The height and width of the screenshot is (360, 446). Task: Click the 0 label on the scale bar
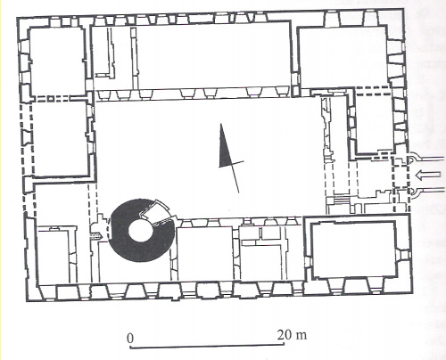(x=130, y=339)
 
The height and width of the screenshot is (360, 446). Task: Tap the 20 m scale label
(x=292, y=335)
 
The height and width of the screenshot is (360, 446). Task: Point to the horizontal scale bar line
(x=207, y=346)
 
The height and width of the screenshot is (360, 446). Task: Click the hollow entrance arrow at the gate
(x=427, y=176)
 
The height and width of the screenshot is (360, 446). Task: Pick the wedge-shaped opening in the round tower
(x=156, y=211)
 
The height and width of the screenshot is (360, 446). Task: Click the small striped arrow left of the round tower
(x=96, y=236)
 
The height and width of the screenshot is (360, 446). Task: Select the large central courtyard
(x=208, y=159)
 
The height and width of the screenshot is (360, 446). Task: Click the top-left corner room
(x=57, y=61)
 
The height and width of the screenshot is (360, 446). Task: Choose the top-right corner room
(x=343, y=56)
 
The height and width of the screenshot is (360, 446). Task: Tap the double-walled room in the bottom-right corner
(x=353, y=249)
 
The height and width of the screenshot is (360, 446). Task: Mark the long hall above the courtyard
(x=213, y=55)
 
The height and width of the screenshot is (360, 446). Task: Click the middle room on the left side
(x=61, y=138)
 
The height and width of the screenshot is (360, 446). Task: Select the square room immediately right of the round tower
(x=204, y=253)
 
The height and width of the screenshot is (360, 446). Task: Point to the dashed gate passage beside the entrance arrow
(x=401, y=176)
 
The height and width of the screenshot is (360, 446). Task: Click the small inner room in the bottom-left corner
(x=53, y=256)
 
